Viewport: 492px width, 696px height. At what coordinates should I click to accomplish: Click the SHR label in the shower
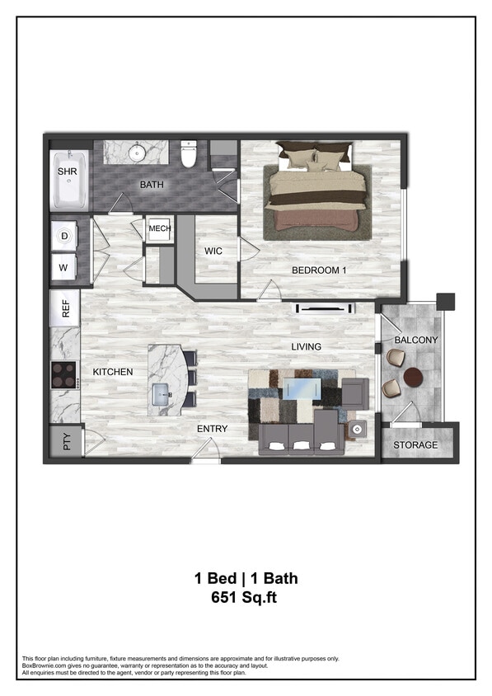tap(67, 172)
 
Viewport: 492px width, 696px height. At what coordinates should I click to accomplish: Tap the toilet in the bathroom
tap(190, 154)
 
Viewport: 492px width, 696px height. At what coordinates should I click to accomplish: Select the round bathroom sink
tap(137, 153)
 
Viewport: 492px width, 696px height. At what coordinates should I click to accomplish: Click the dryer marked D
tap(64, 236)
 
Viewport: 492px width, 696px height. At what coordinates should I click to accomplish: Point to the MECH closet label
tap(159, 228)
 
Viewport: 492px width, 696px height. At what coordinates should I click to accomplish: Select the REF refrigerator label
tap(65, 309)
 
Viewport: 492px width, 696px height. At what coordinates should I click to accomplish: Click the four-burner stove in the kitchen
tap(63, 373)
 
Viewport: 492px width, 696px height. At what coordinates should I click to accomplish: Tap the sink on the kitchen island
tap(160, 389)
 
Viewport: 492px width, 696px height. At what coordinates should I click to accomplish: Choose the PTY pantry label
tap(67, 442)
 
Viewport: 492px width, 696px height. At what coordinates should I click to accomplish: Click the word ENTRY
tap(212, 429)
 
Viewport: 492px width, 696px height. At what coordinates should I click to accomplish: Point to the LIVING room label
tap(306, 347)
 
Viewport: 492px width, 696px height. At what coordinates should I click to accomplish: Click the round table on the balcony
tap(413, 377)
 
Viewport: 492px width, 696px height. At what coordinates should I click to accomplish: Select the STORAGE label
tap(415, 445)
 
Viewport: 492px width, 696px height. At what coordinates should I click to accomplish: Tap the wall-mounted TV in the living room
tap(326, 309)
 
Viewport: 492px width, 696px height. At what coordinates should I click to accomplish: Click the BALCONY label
tap(416, 340)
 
